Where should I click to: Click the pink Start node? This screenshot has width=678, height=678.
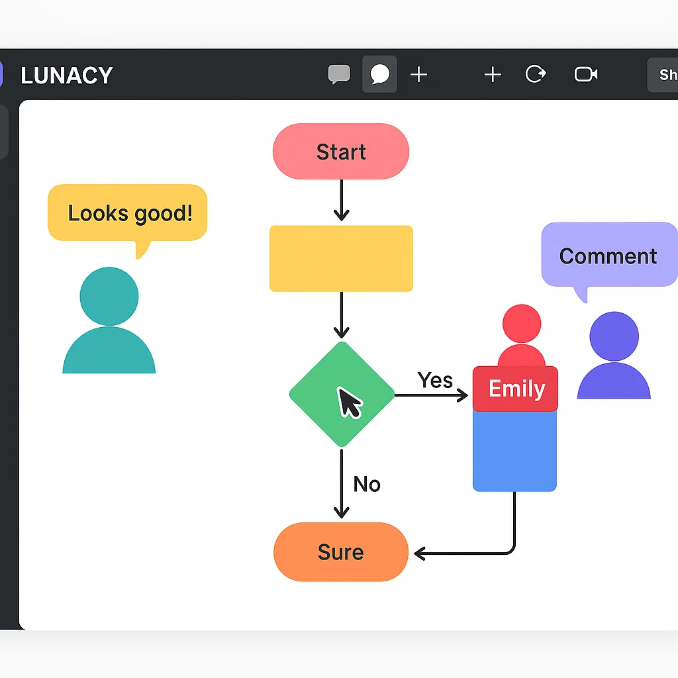[x=341, y=152]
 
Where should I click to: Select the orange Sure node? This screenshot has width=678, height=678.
[x=341, y=552]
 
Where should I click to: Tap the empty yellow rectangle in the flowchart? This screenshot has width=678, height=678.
[x=341, y=258]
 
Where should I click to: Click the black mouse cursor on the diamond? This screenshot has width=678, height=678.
[x=349, y=402]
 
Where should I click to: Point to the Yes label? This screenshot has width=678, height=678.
[x=435, y=380]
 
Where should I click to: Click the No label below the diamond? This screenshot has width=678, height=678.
[x=367, y=484]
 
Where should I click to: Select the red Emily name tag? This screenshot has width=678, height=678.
[x=516, y=389]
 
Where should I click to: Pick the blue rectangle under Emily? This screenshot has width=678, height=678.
[x=514, y=450]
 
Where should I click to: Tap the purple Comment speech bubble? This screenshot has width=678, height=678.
[x=608, y=256]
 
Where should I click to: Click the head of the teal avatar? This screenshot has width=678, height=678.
[x=109, y=296]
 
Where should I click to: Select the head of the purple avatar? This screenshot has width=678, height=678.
[x=614, y=336]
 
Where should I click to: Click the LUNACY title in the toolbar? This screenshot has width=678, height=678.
[x=67, y=75]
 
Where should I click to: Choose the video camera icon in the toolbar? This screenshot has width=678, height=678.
[x=585, y=74]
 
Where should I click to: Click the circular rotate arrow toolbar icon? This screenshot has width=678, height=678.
[x=535, y=74]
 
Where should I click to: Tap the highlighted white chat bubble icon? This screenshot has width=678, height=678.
[x=380, y=75]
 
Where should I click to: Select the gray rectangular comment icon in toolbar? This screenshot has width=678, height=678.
[x=339, y=74]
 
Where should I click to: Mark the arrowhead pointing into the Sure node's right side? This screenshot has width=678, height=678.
[x=420, y=553]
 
